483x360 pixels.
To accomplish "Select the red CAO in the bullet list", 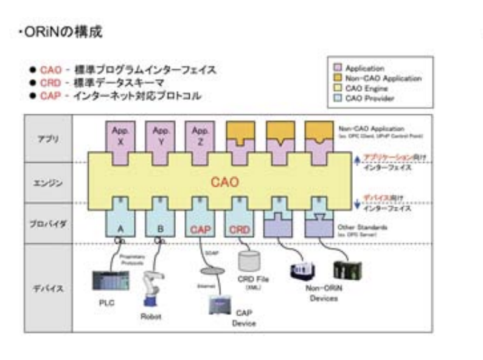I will [48, 71].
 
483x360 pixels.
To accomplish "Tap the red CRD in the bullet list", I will [48, 83].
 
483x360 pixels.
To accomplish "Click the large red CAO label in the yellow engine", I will [226, 181].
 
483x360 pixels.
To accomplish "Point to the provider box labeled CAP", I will [200, 227].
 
